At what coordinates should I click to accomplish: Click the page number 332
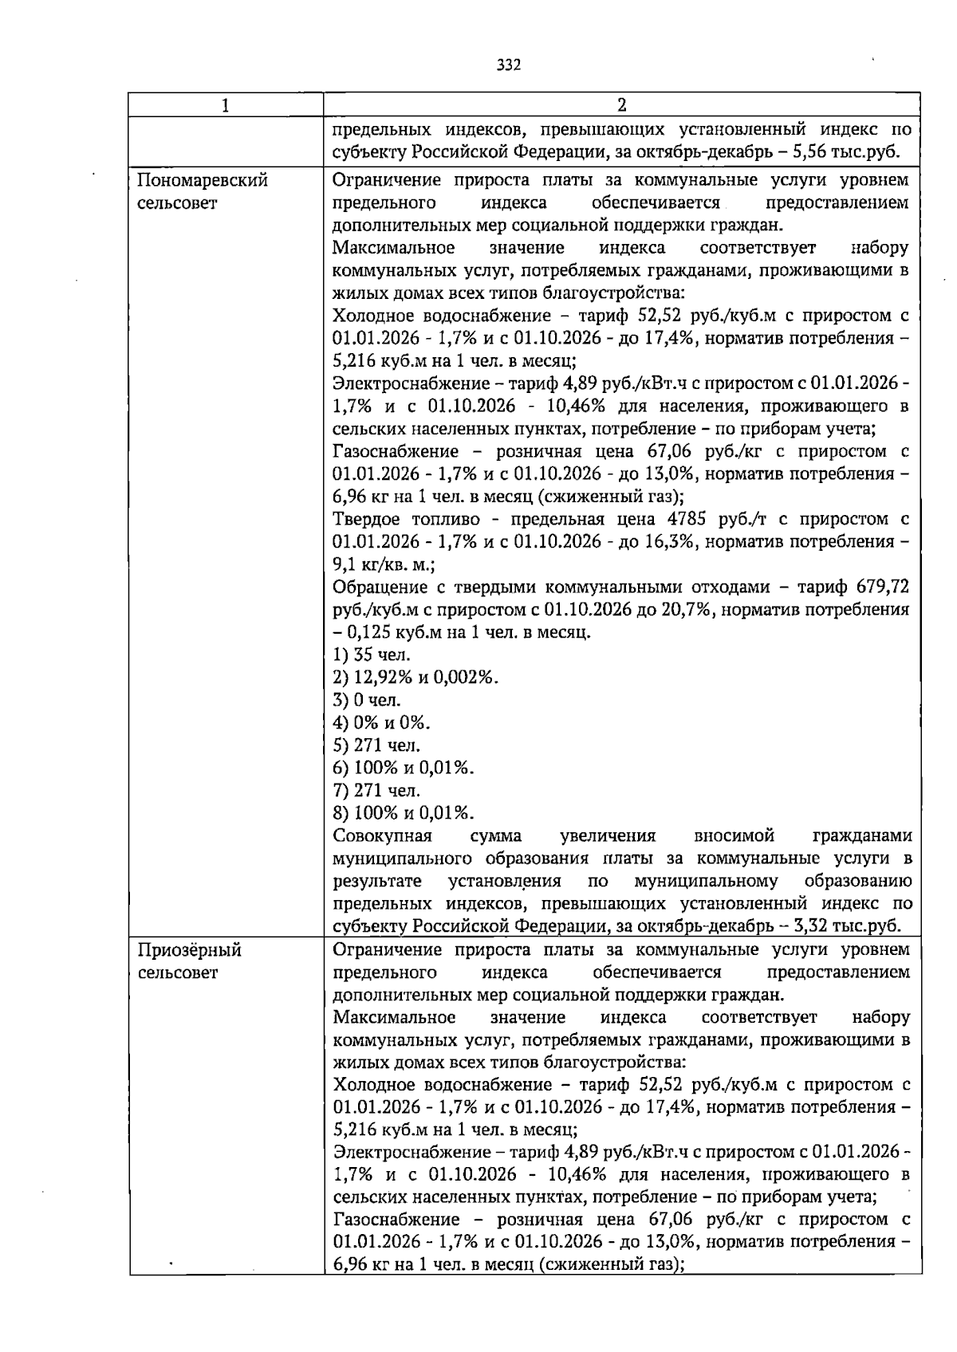coord(508,65)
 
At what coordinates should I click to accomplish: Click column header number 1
coord(226,105)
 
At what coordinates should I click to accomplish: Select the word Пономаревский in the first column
coord(203,180)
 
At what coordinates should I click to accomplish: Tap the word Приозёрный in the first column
coord(190,950)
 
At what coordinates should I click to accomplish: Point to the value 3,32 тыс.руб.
coord(851,926)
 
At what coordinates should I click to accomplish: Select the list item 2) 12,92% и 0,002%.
coord(415,678)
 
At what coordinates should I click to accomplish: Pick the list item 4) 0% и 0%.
coord(381,723)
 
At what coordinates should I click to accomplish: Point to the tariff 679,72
coord(880,588)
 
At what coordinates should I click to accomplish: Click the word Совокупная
coord(382,836)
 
